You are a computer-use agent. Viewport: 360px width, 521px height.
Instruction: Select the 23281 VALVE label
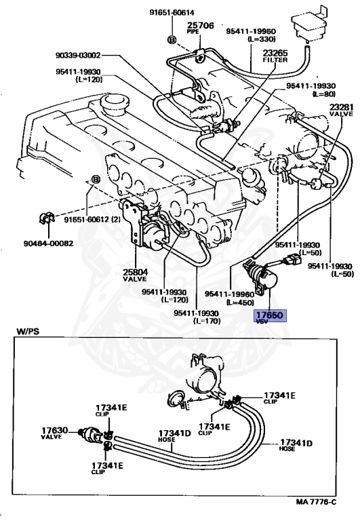click(x=341, y=111)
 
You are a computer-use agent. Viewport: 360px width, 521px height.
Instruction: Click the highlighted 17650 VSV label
click(x=271, y=316)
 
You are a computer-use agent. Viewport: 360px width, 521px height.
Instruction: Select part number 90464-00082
click(x=48, y=242)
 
